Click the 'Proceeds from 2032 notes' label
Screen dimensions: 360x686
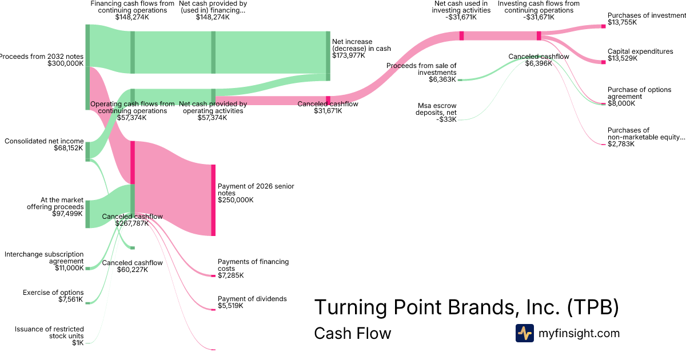tap(42, 57)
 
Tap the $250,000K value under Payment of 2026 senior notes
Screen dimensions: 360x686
tap(236, 200)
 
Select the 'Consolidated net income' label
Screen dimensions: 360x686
tap(44, 141)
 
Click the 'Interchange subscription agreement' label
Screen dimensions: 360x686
tap(44, 258)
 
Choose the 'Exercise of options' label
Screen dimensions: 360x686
tap(53, 293)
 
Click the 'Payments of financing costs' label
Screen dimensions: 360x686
tap(253, 265)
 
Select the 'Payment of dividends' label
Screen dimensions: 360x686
tap(252, 299)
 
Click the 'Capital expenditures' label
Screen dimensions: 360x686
tap(640, 51)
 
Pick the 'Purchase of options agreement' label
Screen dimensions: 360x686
tap(639, 93)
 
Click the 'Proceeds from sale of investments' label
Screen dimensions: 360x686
tap(421, 69)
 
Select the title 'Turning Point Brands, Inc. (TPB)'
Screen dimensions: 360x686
tap(466, 307)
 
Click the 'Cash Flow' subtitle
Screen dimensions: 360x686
tap(353, 333)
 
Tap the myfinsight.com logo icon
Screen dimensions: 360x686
tap(524, 333)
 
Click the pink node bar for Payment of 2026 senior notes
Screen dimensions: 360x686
tap(213, 200)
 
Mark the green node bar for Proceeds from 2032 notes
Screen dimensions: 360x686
tap(87, 67)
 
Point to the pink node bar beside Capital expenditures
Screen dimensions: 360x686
tap(603, 62)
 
